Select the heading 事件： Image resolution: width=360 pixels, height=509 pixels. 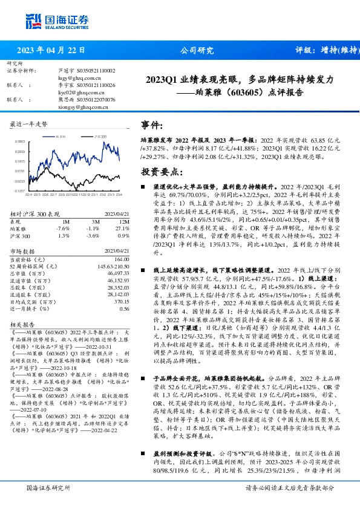pos(151,125)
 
